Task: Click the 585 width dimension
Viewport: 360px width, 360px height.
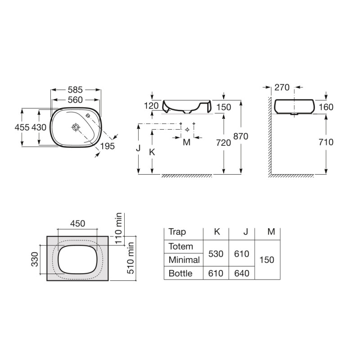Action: [x=75, y=90]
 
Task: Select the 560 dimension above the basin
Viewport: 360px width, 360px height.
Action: [x=75, y=100]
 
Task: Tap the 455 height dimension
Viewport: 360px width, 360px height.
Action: [x=22, y=127]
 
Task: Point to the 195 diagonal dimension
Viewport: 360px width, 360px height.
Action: [x=108, y=146]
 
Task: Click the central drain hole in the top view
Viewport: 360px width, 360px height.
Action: [x=76, y=127]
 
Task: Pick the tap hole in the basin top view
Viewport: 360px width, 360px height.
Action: [x=87, y=116]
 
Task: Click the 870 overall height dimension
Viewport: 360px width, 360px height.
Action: [x=241, y=136]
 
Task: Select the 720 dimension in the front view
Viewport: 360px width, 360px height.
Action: [x=223, y=143]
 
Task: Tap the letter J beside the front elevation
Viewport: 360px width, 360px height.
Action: [x=138, y=148]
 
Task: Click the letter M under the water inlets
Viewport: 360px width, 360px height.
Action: [x=187, y=142]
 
